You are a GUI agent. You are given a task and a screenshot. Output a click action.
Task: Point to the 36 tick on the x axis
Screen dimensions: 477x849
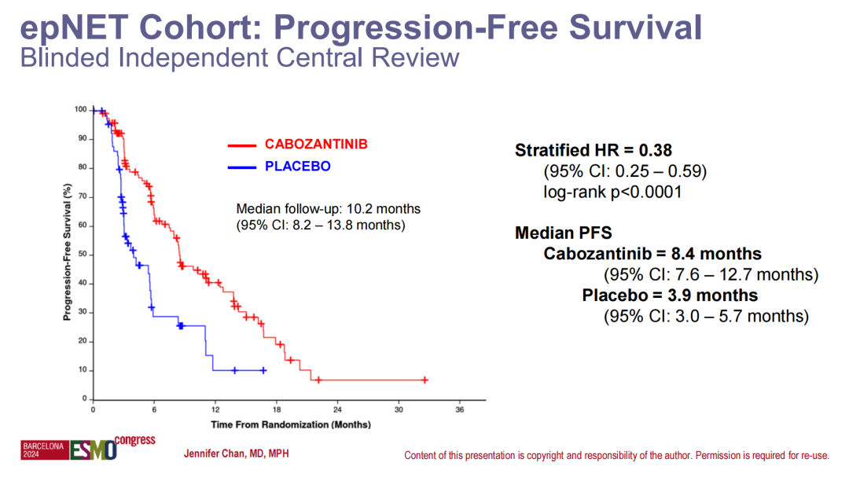coord(460,409)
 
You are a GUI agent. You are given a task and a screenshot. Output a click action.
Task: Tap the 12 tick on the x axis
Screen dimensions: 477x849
coord(215,409)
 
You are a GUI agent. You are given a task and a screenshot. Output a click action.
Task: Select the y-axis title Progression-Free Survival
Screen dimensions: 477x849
coord(68,253)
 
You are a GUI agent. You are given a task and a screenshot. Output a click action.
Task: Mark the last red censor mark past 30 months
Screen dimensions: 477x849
coord(424,380)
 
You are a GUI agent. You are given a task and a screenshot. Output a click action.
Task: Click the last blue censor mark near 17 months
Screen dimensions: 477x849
coord(263,370)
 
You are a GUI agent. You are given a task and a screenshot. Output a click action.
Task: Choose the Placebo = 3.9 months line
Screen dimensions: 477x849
coord(670,295)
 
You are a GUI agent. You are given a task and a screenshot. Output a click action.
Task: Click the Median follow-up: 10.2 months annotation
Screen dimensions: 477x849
coord(328,209)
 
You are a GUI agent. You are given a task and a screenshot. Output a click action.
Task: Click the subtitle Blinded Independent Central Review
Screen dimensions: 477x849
coord(239,57)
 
